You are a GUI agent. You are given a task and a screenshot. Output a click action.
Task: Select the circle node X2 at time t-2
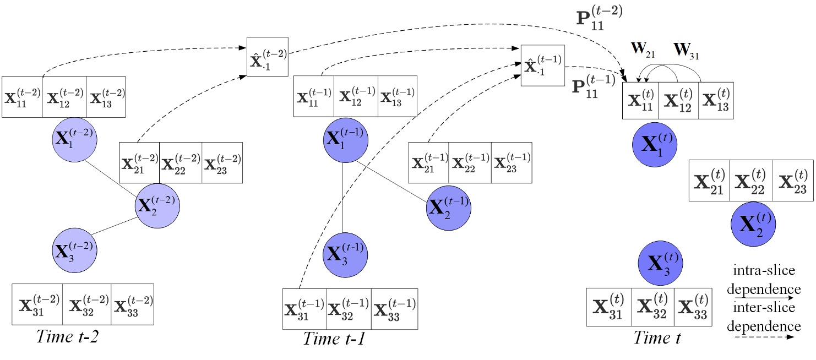coord(157,207)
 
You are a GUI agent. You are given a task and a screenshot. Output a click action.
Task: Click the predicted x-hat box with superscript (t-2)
coord(267,57)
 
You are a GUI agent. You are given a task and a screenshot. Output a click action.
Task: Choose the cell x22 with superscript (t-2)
coord(181,163)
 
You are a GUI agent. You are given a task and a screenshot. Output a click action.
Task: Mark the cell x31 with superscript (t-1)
coord(304,309)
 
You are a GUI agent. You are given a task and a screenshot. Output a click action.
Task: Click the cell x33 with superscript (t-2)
coord(132,304)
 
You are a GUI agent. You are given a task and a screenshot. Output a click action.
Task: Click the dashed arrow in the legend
coord(763,337)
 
